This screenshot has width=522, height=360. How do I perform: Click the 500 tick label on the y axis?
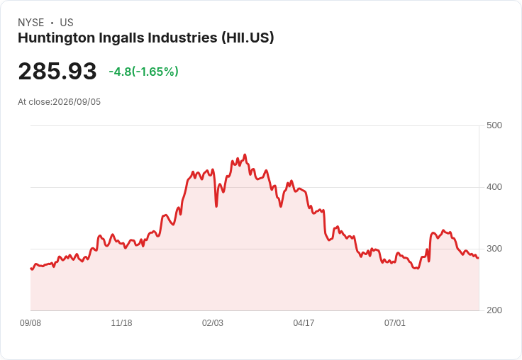click(x=494, y=125)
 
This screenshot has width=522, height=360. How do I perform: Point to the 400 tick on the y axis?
click(x=494, y=187)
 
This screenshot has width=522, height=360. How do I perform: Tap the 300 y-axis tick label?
click(x=494, y=249)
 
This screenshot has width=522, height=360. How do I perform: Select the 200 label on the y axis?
click(x=494, y=310)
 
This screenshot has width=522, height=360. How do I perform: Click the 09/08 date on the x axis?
click(x=30, y=322)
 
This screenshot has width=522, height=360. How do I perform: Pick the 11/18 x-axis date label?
click(x=121, y=322)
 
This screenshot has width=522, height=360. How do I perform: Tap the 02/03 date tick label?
click(x=213, y=322)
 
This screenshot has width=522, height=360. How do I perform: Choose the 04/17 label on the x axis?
click(x=304, y=322)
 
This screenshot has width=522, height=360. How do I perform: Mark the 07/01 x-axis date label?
click(x=395, y=322)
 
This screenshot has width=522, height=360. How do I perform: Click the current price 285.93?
click(x=57, y=72)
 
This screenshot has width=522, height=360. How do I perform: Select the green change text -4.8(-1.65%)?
click(x=143, y=72)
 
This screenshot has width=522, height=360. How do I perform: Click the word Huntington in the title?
click(x=57, y=38)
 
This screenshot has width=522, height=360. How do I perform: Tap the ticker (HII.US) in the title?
click(x=248, y=38)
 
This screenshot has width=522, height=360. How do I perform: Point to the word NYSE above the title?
click(x=31, y=23)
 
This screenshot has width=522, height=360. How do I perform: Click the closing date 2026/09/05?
click(x=77, y=102)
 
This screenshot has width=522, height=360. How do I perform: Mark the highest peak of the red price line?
click(x=245, y=154)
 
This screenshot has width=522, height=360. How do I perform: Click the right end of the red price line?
click(x=479, y=258)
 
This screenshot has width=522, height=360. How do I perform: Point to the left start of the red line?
click(x=30, y=268)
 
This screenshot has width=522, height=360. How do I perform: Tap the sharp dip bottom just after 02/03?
click(x=216, y=207)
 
